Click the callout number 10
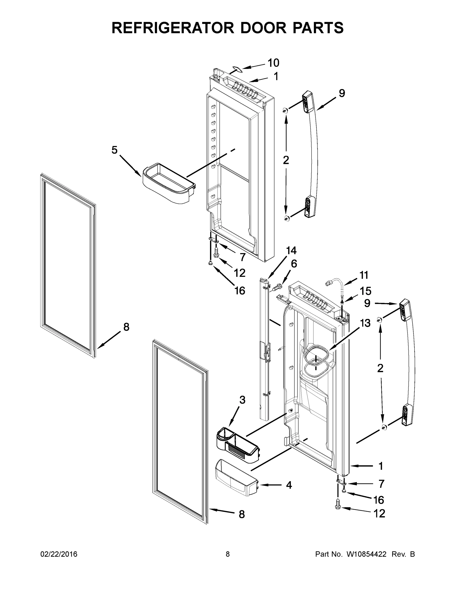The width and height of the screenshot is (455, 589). pos(273,63)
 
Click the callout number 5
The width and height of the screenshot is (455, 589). pos(115,150)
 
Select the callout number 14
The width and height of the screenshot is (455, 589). pos(291,251)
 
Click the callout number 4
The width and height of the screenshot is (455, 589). pos(289,485)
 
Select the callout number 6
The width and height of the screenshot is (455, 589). pos(294,264)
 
